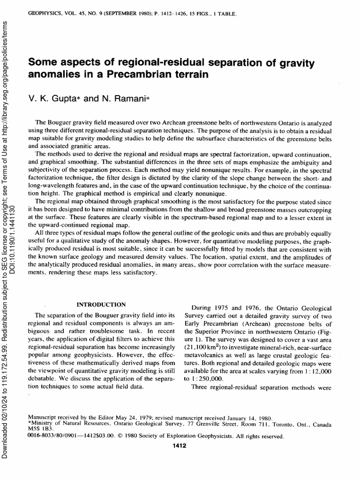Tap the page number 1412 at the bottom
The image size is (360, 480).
coord(180,445)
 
